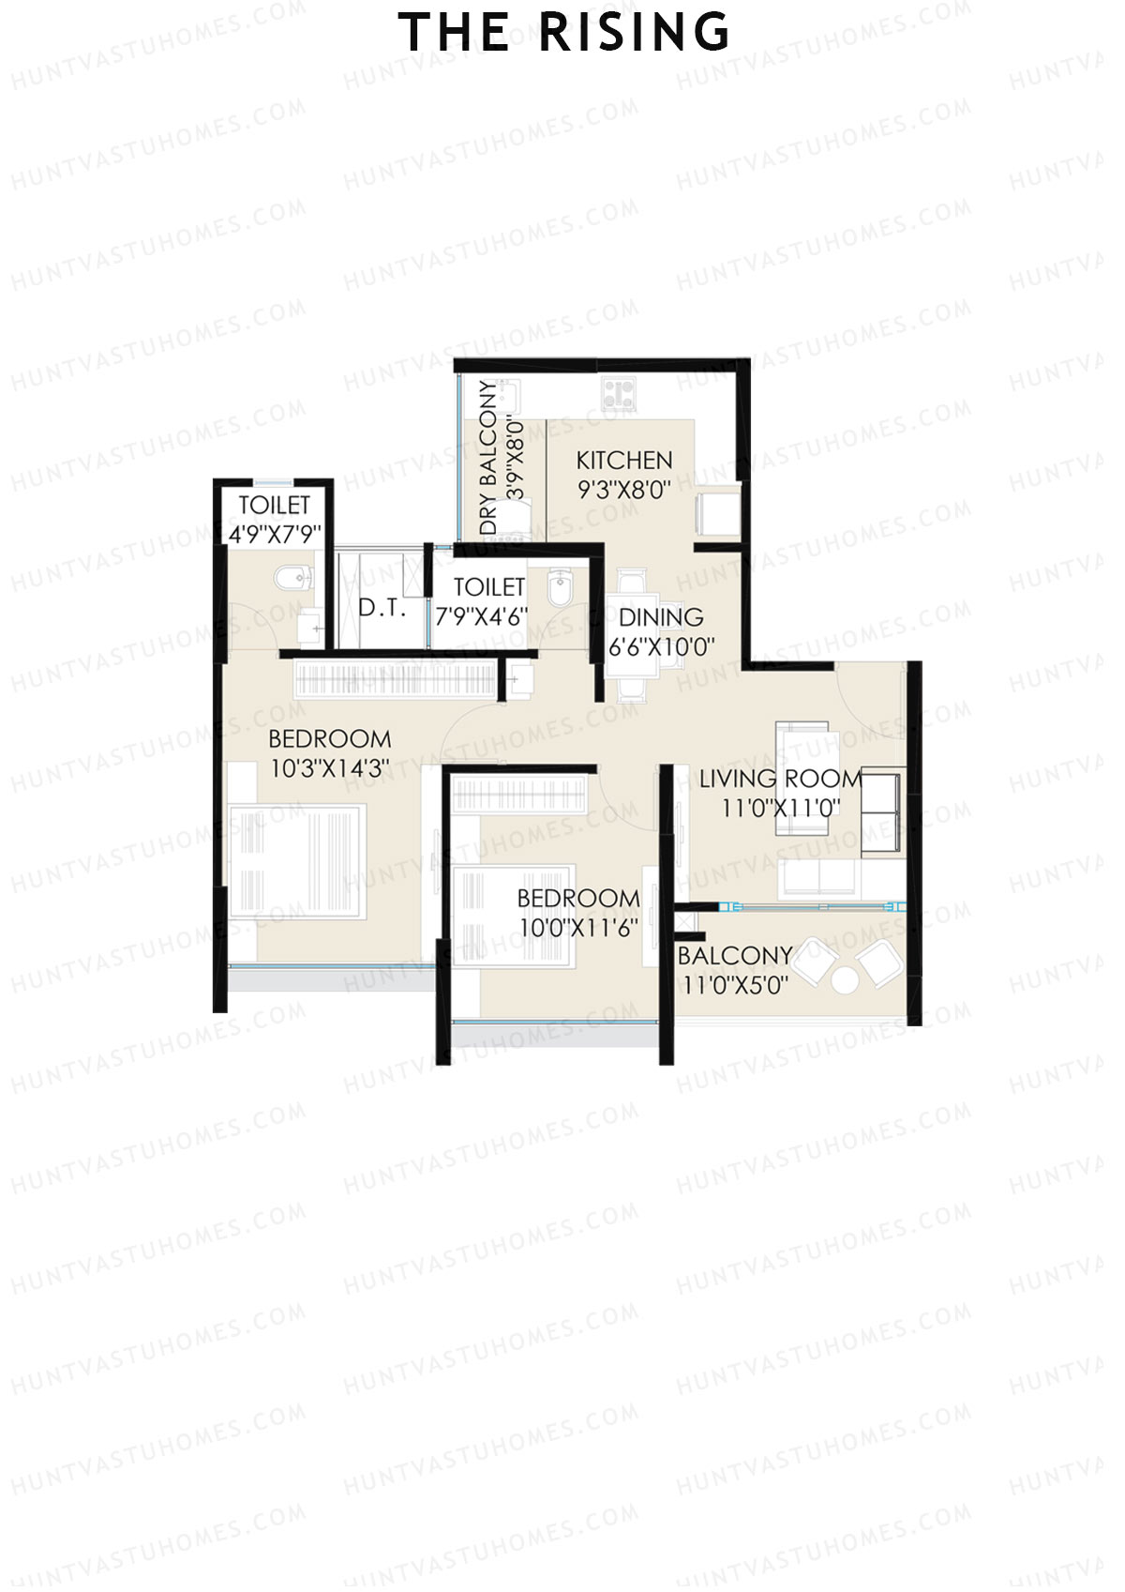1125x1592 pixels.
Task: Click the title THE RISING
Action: point(563,34)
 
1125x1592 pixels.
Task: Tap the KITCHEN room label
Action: point(623,461)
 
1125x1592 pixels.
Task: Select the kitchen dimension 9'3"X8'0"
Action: point(623,490)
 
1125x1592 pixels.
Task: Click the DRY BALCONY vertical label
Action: point(489,458)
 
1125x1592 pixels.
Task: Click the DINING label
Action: point(661,617)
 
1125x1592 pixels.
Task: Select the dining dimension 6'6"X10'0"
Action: point(661,647)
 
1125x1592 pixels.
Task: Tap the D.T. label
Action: point(382,608)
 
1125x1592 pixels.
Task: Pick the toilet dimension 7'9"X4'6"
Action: point(481,617)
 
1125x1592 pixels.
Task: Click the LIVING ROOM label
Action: point(780,779)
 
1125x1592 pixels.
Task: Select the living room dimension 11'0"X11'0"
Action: point(780,808)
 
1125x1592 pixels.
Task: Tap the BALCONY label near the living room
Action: point(734,956)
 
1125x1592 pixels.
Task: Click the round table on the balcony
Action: point(845,980)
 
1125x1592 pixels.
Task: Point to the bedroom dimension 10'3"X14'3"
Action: point(329,769)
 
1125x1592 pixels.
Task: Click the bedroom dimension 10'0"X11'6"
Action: point(577,928)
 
